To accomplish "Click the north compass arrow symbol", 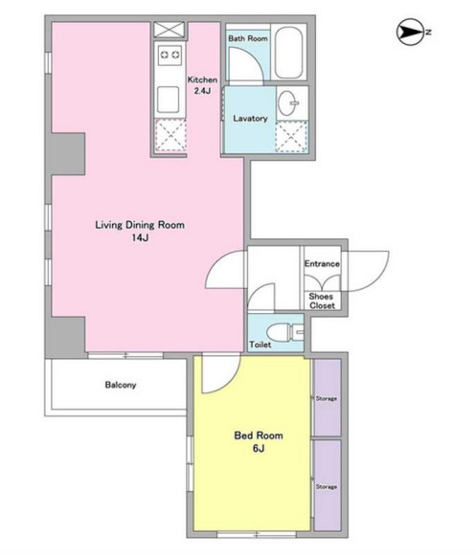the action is pyautogui.click(x=409, y=32).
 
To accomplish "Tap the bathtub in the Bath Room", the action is pyautogui.click(x=288, y=53).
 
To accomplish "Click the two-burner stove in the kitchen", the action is pyautogui.click(x=170, y=55).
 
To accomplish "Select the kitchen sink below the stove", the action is pyautogui.click(x=169, y=100).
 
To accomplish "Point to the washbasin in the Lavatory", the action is pyautogui.click(x=288, y=102).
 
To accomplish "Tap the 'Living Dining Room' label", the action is pyautogui.click(x=140, y=225).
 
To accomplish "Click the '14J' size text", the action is pyautogui.click(x=140, y=238).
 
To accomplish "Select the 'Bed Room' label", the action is pyautogui.click(x=259, y=435).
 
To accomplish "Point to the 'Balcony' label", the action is pyautogui.click(x=121, y=385).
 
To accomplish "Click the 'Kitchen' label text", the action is pyautogui.click(x=202, y=80).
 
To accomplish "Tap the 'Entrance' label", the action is pyautogui.click(x=322, y=264).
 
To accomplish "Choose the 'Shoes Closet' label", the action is pyautogui.click(x=322, y=301).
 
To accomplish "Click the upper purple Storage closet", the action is pyautogui.click(x=328, y=397).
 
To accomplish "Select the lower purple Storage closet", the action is pyautogui.click(x=328, y=485).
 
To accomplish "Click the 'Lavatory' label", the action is pyautogui.click(x=250, y=119).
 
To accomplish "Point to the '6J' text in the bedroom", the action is pyautogui.click(x=259, y=449).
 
